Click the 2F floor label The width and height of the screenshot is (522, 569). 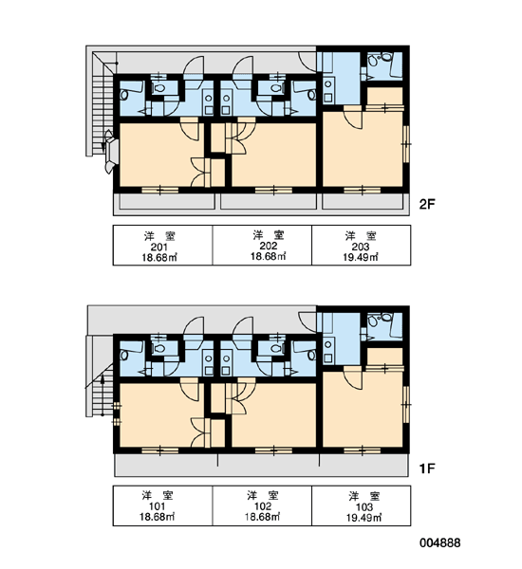427,205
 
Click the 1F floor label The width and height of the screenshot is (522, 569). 427,468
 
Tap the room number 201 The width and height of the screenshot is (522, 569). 158,248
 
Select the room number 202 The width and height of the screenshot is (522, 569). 269,246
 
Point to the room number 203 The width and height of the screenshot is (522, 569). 361,247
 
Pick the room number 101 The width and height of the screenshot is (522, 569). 158,506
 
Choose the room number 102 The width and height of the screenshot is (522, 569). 263,506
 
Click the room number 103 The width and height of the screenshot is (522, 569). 364,507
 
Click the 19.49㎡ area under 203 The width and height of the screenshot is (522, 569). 361,257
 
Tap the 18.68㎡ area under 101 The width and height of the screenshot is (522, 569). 158,517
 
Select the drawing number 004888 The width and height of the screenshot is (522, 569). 440,542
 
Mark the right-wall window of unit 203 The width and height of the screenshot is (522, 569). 406,144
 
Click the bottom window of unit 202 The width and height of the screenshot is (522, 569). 273,191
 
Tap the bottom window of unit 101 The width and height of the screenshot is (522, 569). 159,450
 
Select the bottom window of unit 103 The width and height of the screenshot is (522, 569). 363,450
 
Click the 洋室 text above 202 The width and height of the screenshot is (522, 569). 269,235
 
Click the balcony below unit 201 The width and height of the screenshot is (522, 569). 167,201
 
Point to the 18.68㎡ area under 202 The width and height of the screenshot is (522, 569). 268,257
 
